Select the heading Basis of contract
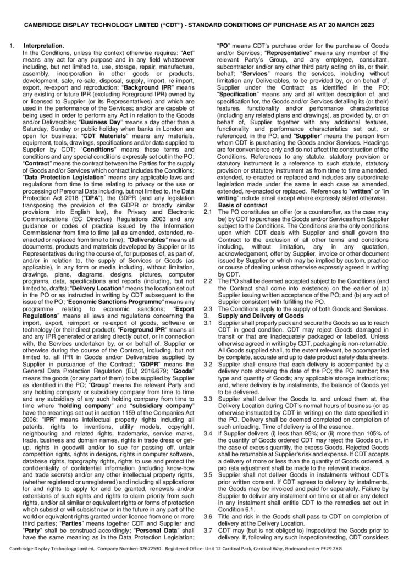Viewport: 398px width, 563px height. click(x=243, y=205)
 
